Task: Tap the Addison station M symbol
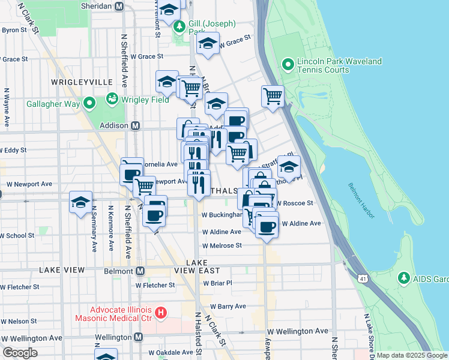[x=136, y=125]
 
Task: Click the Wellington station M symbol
[x=138, y=337]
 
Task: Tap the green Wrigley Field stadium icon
[x=112, y=98]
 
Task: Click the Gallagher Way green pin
[x=89, y=104]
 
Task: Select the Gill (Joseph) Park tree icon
[x=179, y=27]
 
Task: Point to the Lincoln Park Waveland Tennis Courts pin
[x=288, y=64]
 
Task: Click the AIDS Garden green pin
[x=403, y=278]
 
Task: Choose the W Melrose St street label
[x=221, y=245]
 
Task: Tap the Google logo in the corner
[x=20, y=352]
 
